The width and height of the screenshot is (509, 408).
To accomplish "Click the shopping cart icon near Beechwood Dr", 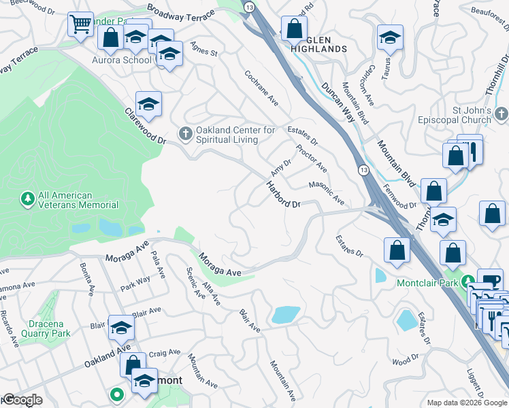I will click(80, 26).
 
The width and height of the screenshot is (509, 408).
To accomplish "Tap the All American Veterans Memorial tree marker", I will click(28, 199).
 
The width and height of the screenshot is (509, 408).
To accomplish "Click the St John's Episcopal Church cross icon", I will click(501, 113).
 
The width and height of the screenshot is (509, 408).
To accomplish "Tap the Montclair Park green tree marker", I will click(468, 280).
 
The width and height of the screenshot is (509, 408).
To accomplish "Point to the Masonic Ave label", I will click(327, 192).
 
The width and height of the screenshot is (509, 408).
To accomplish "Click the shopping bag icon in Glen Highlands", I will click(295, 30).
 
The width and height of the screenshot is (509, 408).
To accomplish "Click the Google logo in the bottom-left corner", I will click(23, 400).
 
